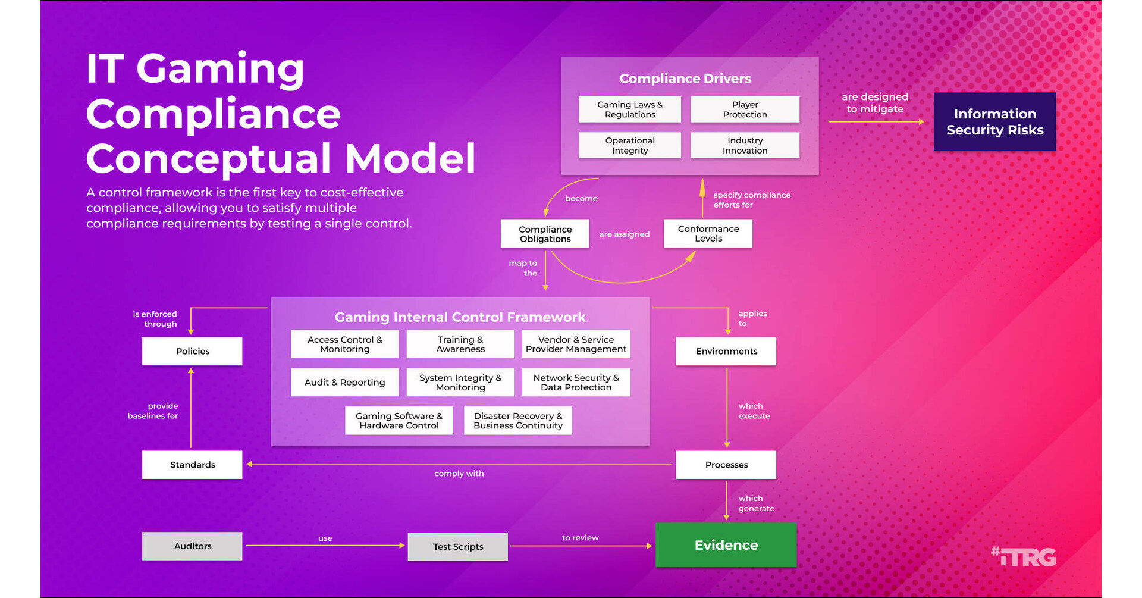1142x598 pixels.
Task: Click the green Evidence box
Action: [726, 545]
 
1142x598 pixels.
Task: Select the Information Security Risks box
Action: [994, 121]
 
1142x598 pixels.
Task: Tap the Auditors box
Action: [192, 546]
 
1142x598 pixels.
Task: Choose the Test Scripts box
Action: [458, 547]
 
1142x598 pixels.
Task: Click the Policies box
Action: [192, 351]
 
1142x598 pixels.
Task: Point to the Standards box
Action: [192, 465]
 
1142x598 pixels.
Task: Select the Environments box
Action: [726, 351]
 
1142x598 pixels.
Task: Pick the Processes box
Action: [726, 465]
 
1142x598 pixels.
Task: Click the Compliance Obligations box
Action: [545, 234]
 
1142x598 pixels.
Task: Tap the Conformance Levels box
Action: [708, 233]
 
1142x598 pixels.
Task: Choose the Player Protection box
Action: [745, 109]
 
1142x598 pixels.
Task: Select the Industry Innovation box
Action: [745, 145]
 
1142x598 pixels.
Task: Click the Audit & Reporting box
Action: [344, 382]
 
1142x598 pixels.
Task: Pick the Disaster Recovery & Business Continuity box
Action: [517, 421]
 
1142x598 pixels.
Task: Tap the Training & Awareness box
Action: [460, 344]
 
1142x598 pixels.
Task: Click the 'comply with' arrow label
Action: [459, 474]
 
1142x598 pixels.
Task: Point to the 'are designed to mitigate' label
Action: [874, 103]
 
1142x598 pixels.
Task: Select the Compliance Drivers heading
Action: [685, 79]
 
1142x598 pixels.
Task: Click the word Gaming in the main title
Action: [220, 68]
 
